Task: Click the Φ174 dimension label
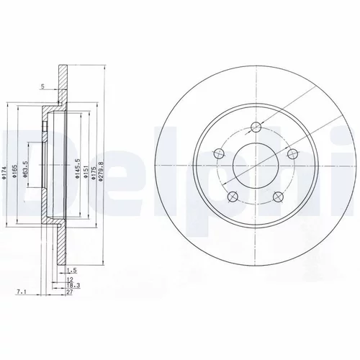click(x=4, y=171)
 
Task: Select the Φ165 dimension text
click(x=14, y=171)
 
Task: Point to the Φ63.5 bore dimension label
click(x=26, y=169)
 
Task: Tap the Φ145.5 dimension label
click(x=77, y=168)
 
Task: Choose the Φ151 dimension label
click(x=85, y=171)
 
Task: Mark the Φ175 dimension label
click(x=94, y=171)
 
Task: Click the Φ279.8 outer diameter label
click(x=101, y=171)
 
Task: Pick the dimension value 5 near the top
click(x=42, y=86)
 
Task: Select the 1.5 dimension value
click(x=71, y=271)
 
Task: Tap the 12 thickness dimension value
click(x=70, y=279)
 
